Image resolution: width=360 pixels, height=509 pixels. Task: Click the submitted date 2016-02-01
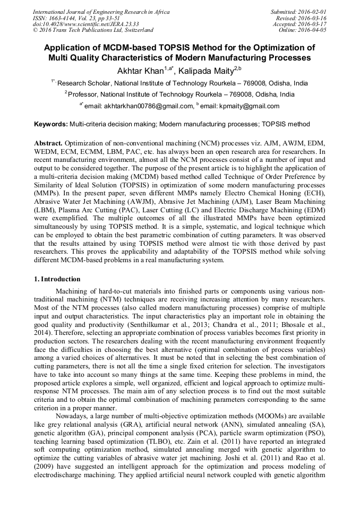point(313,11)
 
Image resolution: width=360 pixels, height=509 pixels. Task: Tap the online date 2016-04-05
point(313,30)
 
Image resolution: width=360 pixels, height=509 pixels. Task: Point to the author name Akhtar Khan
point(140,71)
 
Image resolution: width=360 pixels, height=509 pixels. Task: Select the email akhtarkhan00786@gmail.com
point(147,106)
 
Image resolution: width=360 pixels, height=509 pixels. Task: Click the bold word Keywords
point(51,124)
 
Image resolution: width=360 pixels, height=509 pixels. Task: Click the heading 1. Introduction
point(57,279)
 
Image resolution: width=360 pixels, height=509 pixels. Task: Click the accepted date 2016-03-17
point(313,24)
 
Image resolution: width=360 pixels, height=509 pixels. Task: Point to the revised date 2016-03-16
point(313,18)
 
